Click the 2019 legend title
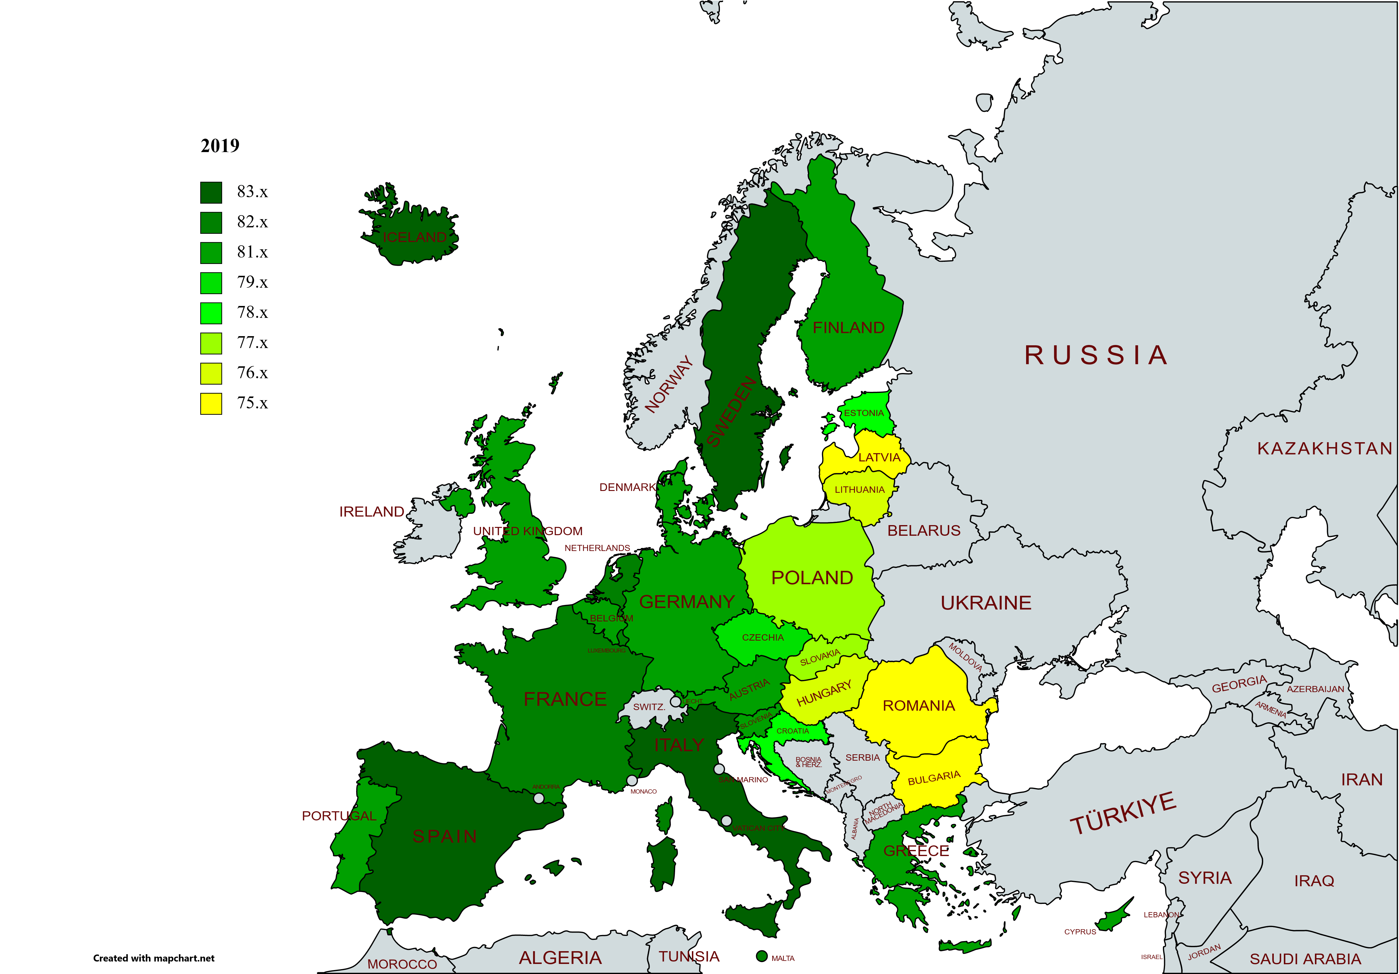pyautogui.click(x=220, y=146)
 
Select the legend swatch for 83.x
pyautogui.click(x=211, y=193)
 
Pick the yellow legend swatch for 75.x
pyautogui.click(x=211, y=403)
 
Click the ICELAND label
pyautogui.click(x=414, y=237)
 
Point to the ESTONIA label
pyautogui.click(x=863, y=413)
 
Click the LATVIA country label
pyautogui.click(x=879, y=457)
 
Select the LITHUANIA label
pyautogui.click(x=859, y=489)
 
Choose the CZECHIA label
pyautogui.click(x=763, y=638)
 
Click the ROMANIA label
pyautogui.click(x=919, y=706)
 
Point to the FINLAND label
pyautogui.click(x=848, y=328)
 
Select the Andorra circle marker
pyautogui.click(x=539, y=798)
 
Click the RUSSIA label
pyautogui.click(x=1096, y=355)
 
